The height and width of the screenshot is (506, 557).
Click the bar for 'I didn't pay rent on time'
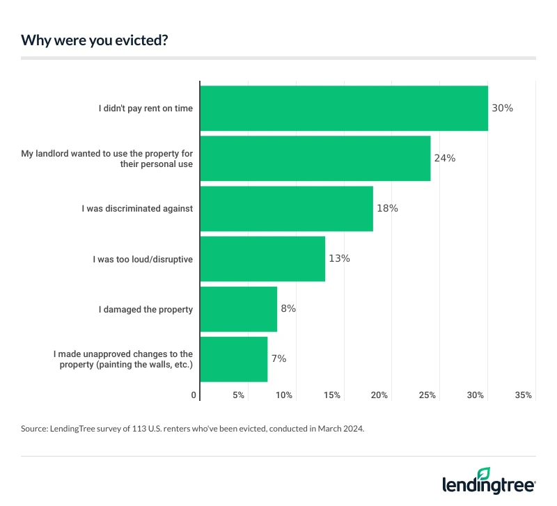point(344,108)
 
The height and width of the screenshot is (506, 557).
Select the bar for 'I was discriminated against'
point(287,208)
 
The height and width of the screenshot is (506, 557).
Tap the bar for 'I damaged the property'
point(239,309)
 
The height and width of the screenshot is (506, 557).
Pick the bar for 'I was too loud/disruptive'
point(262,258)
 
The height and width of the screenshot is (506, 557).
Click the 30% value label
point(502,108)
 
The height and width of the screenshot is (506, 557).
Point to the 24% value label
point(444,158)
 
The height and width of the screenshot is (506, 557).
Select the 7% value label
point(278,359)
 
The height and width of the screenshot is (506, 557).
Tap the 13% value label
point(339,258)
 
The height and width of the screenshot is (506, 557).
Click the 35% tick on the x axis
point(524,395)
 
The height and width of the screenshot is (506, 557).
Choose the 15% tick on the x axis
point(332,395)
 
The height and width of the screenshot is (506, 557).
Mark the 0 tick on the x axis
point(194,395)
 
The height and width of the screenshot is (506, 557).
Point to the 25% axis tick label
point(427,395)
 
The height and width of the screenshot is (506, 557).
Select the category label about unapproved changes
point(123,359)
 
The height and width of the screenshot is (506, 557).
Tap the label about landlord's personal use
point(107,158)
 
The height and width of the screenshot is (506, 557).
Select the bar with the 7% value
point(234,359)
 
